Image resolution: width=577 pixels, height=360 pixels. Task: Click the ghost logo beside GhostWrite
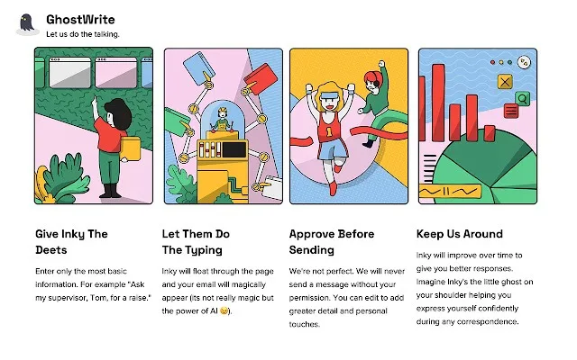[28, 24]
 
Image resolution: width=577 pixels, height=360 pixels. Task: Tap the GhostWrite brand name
[80, 20]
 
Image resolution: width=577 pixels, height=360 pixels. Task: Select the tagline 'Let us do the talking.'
[83, 34]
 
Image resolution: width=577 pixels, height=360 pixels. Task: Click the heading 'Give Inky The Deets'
[71, 242]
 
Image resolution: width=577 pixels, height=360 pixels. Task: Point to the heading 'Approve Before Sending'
[332, 242]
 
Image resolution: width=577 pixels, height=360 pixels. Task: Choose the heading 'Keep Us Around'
[459, 234]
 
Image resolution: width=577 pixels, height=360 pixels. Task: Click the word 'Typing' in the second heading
[203, 250]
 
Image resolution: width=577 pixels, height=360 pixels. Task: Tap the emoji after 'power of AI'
[224, 310]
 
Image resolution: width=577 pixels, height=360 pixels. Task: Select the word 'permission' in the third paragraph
[308, 298]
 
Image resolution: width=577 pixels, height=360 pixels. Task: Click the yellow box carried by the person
[130, 148]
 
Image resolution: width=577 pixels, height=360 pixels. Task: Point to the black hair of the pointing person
[119, 112]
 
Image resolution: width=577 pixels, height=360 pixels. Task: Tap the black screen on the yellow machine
[234, 150]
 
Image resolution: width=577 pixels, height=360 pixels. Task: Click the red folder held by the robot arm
[261, 78]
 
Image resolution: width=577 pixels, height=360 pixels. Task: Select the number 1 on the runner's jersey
[328, 131]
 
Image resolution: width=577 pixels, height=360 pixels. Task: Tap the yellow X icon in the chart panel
[505, 82]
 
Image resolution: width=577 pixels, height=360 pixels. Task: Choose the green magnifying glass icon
[522, 98]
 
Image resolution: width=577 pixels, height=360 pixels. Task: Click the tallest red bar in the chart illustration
[438, 103]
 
